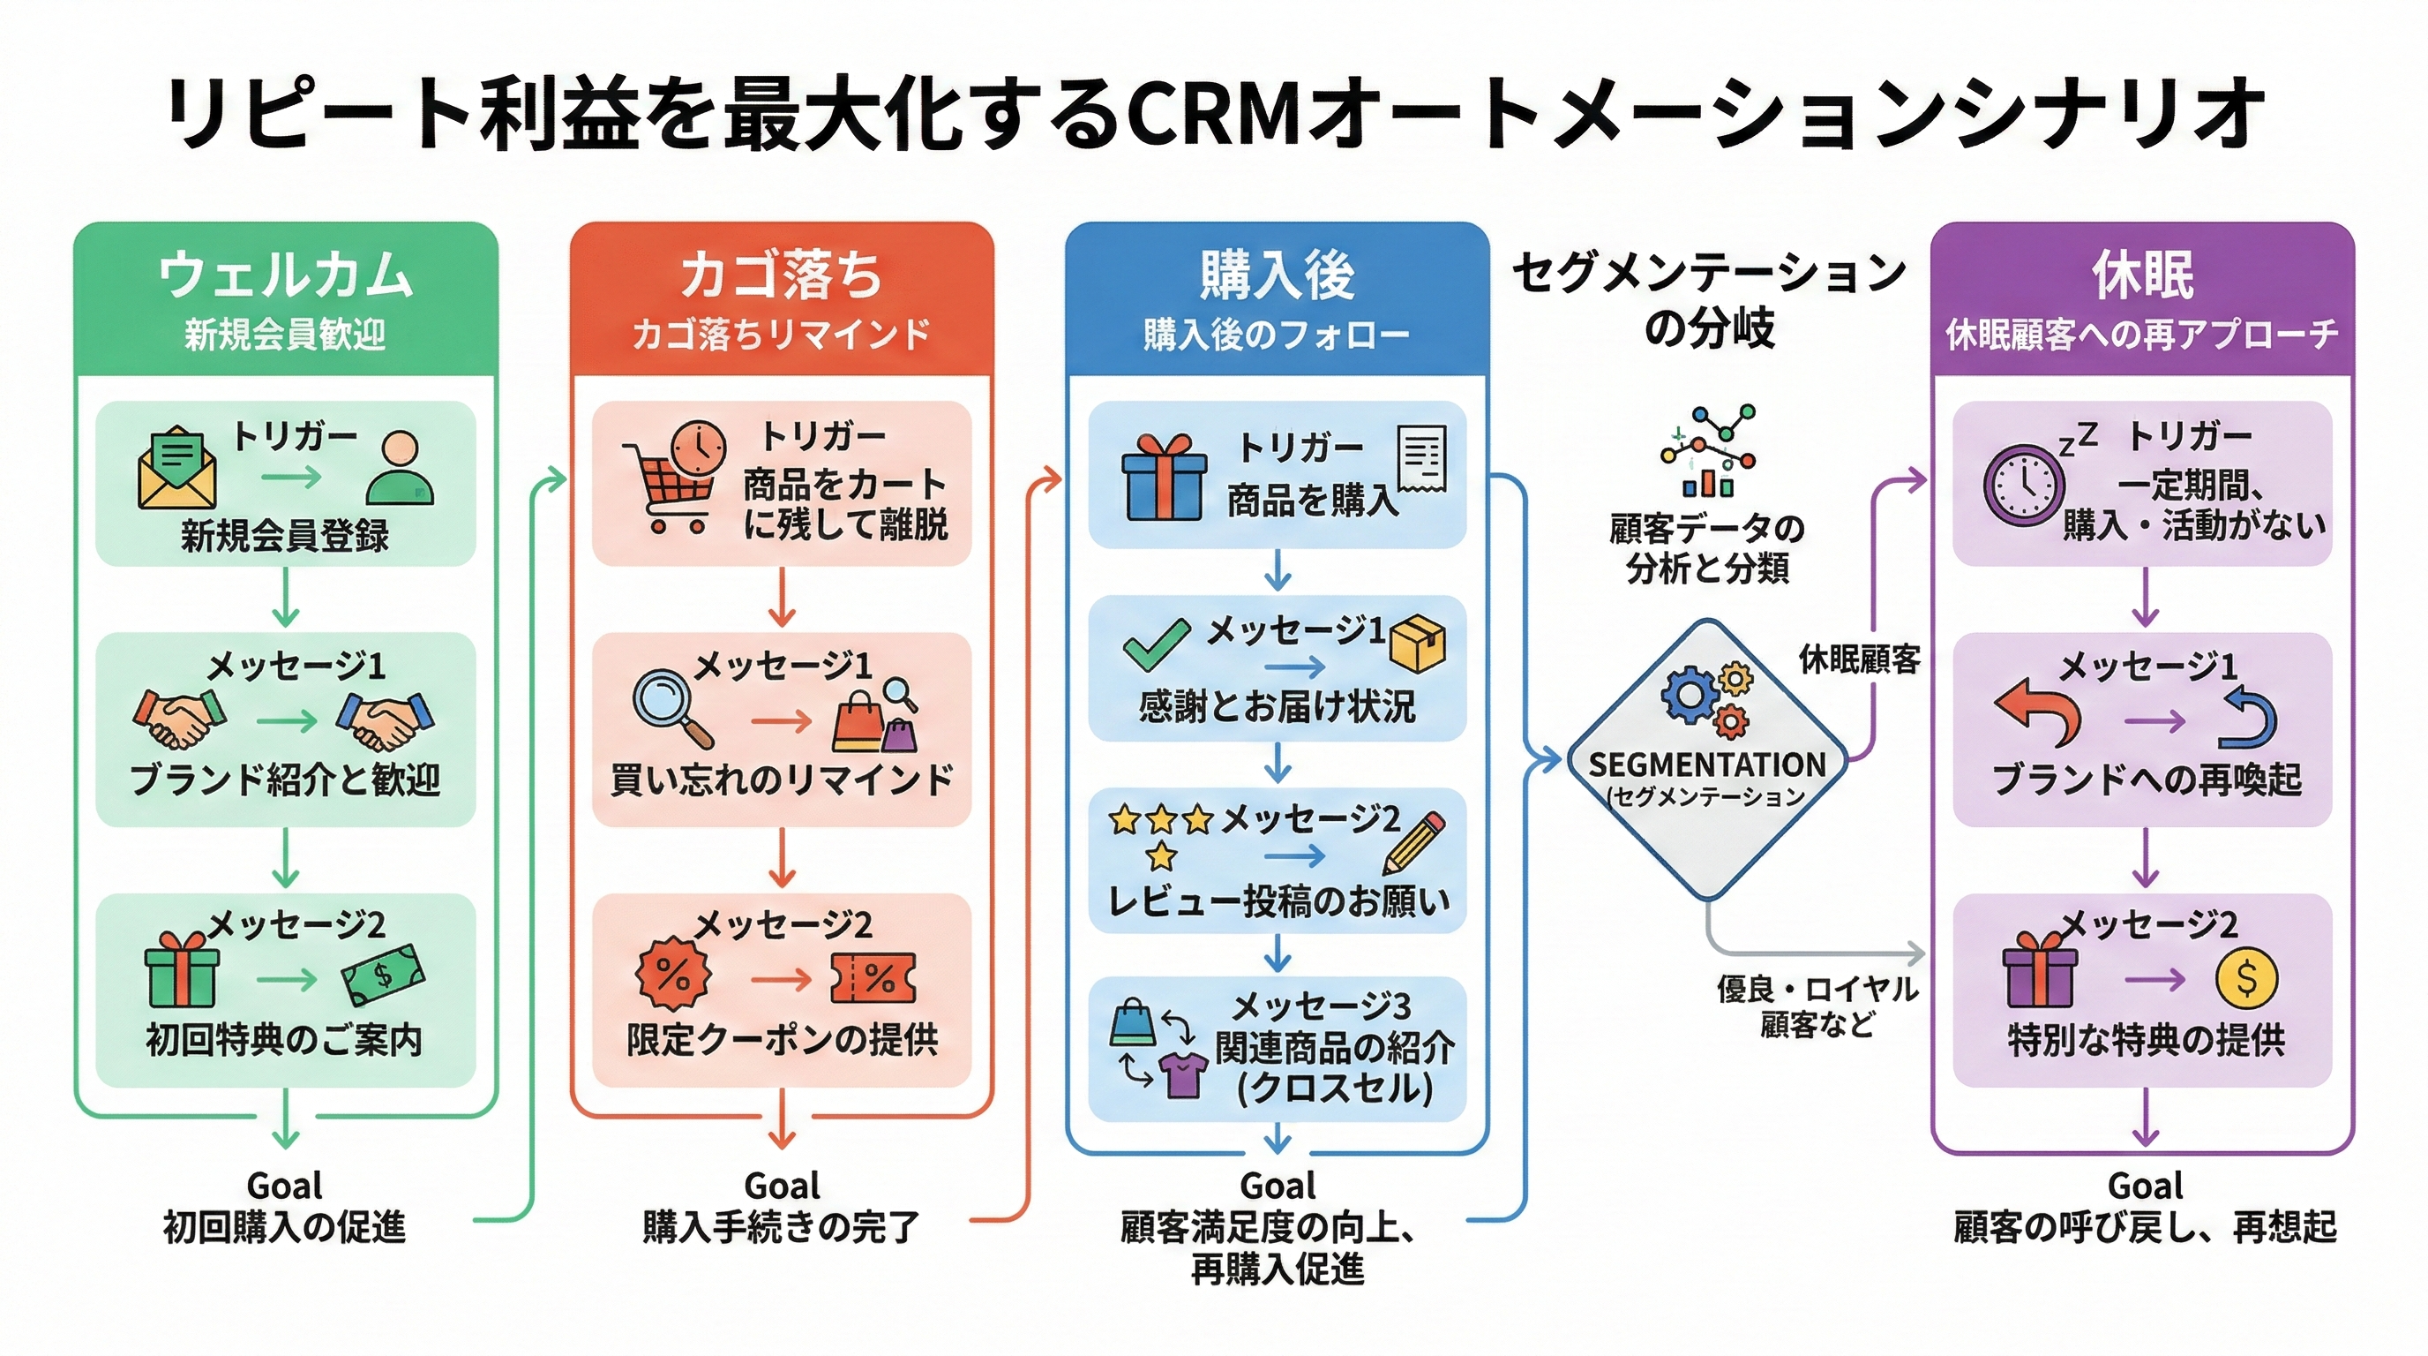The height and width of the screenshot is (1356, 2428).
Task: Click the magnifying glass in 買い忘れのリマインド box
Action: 671,707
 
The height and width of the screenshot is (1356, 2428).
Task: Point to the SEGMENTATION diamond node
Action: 1707,759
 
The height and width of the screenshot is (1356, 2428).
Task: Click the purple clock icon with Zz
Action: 2025,486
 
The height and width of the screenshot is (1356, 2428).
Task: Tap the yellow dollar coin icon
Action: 2246,979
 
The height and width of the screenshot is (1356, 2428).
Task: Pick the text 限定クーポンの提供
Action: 782,1040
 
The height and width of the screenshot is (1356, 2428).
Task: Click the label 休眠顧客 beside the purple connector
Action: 1859,659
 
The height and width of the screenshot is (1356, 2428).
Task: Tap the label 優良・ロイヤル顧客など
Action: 1817,1006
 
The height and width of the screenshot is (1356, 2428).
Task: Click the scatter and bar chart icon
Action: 1708,451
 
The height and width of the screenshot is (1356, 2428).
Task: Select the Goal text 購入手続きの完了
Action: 782,1227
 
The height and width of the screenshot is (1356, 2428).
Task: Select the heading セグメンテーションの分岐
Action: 1708,300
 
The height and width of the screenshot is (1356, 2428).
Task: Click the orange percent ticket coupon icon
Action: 873,979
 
